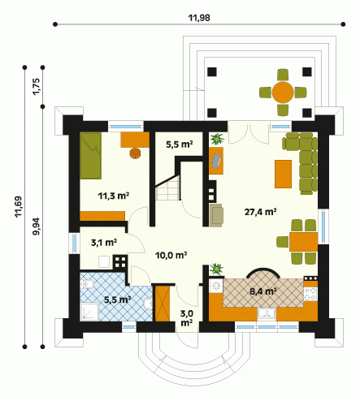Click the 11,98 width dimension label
[x=199, y=18]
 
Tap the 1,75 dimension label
[x=37, y=87]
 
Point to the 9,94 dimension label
[x=37, y=226]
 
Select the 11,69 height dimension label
[x=19, y=206]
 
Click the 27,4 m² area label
[x=260, y=212]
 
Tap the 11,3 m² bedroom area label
[x=113, y=196]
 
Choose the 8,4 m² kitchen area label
[x=263, y=291]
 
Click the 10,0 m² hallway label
[x=171, y=255]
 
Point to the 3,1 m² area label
[x=104, y=243]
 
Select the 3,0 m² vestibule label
[x=187, y=318]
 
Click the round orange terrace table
[x=283, y=93]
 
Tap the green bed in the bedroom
[x=91, y=156]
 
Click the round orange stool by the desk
[x=136, y=153]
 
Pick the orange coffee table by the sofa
[x=283, y=174]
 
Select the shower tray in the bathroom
[x=89, y=312]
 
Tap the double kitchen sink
[x=267, y=313]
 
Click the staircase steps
[x=168, y=188]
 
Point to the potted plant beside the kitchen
[x=217, y=269]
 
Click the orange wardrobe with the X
[x=163, y=304]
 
